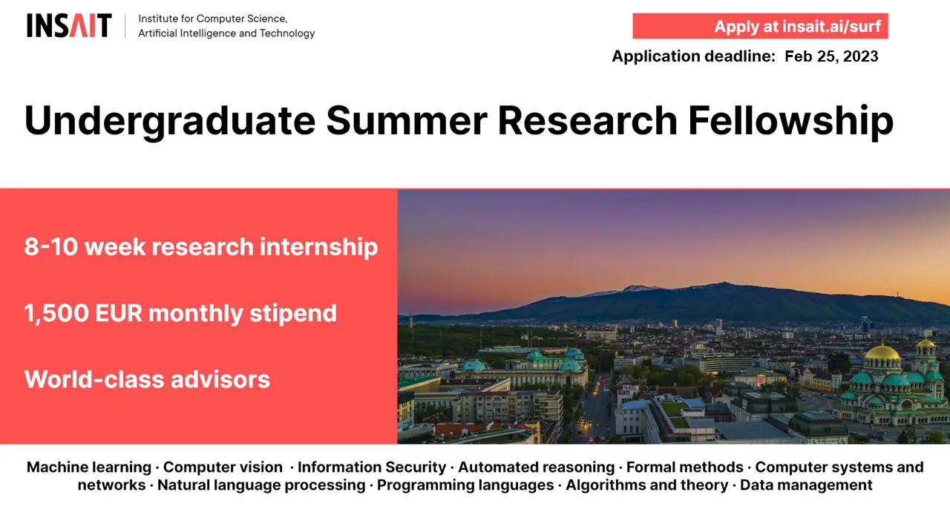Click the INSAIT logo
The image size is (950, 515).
[69, 25]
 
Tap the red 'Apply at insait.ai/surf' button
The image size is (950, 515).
[760, 26]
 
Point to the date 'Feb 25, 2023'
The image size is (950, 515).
[831, 56]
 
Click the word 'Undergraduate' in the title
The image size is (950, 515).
[170, 122]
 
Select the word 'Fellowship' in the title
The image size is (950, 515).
[790, 121]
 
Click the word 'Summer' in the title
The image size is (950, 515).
[406, 121]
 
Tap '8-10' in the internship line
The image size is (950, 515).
[51, 246]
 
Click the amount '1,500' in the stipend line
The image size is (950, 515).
[56, 313]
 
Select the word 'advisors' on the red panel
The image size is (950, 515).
[220, 379]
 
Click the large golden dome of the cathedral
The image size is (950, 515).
[882, 352]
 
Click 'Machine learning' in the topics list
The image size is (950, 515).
[89, 467]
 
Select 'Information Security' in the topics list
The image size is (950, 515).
[372, 467]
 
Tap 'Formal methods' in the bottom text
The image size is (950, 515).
[684, 467]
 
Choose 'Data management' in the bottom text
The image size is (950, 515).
[806, 485]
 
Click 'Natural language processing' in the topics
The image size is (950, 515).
[261, 485]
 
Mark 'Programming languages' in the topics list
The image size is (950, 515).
[465, 485]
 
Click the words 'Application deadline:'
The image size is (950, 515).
[693, 56]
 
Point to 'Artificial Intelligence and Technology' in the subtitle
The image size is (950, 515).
[226, 33]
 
